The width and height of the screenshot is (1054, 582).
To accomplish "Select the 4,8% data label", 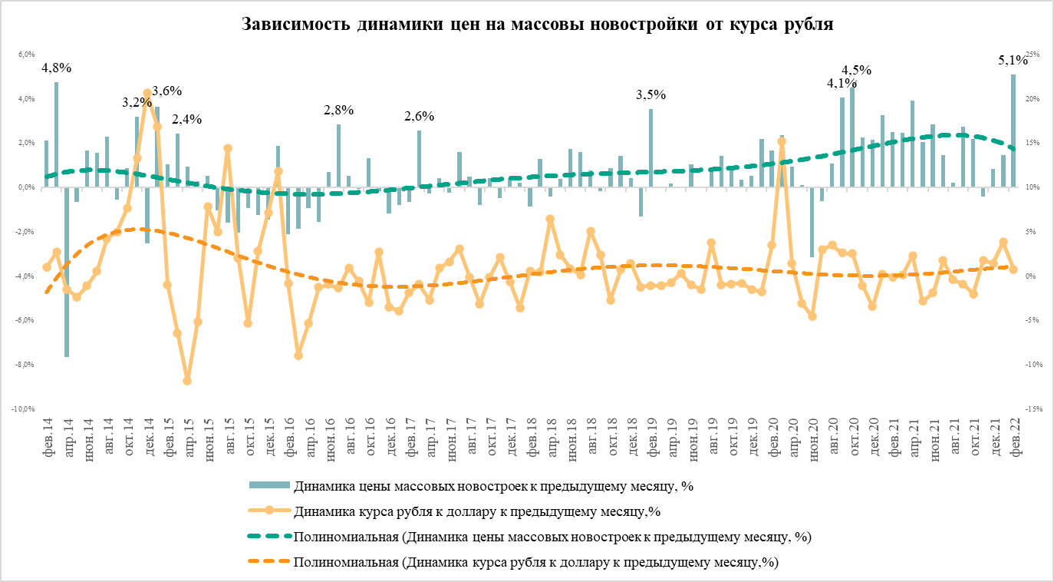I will (x=57, y=68).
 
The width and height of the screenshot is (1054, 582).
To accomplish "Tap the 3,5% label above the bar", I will (x=651, y=95).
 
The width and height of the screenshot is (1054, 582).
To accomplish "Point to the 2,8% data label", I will (x=338, y=110).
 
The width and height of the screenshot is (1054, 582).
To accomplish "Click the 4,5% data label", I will (x=857, y=70).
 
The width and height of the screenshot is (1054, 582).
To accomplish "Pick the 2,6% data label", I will (x=420, y=117).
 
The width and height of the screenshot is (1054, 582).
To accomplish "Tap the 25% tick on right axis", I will (x=1033, y=55).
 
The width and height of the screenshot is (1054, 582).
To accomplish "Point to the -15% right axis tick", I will (x=1033, y=409).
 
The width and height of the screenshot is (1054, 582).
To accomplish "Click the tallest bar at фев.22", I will (x=1013, y=131).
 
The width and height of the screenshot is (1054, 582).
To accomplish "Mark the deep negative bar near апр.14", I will (x=67, y=272).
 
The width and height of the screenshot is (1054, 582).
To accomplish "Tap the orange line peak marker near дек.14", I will (x=147, y=94).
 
